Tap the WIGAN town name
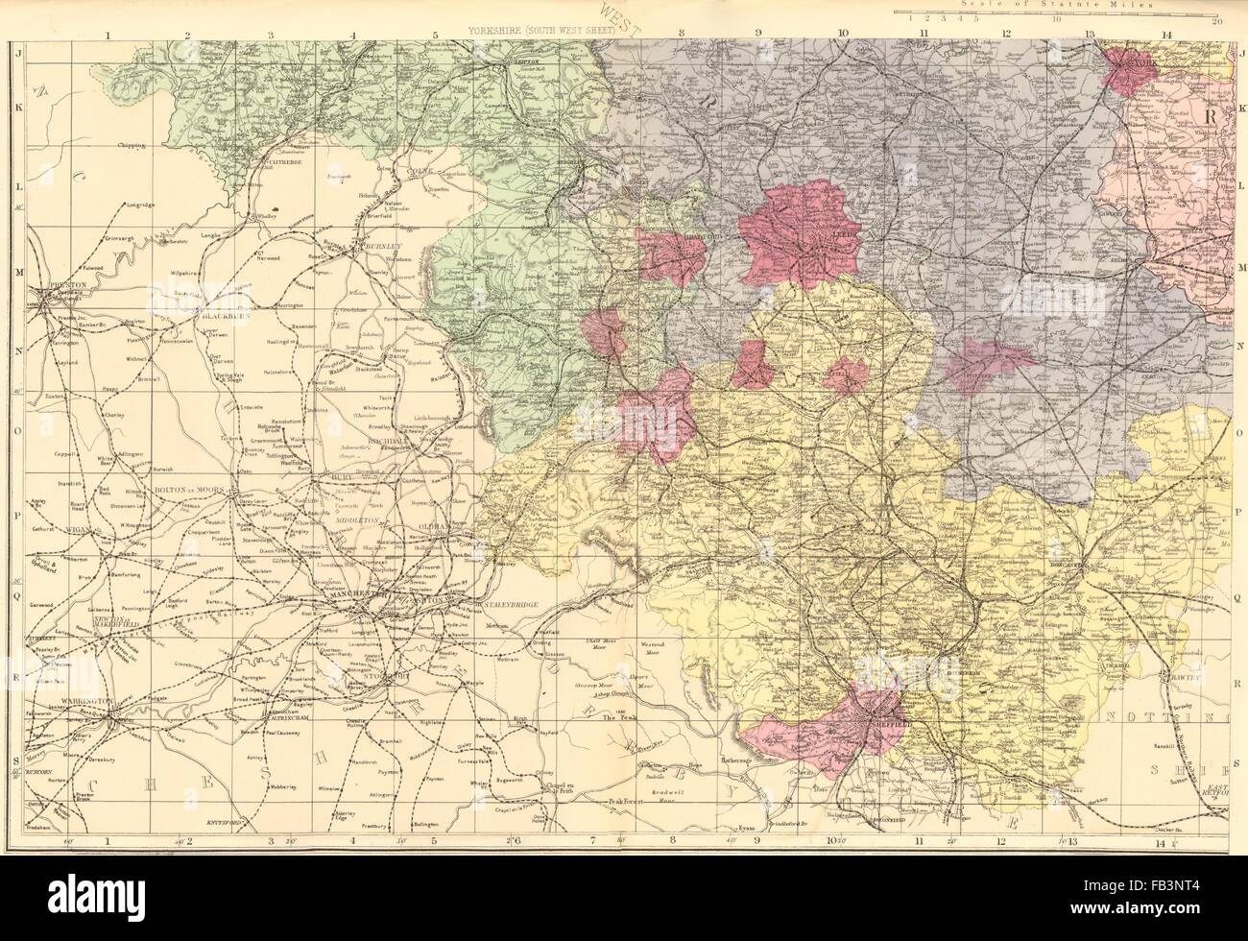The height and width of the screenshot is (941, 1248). pos(57,529)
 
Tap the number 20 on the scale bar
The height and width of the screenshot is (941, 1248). pos(1217,21)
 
